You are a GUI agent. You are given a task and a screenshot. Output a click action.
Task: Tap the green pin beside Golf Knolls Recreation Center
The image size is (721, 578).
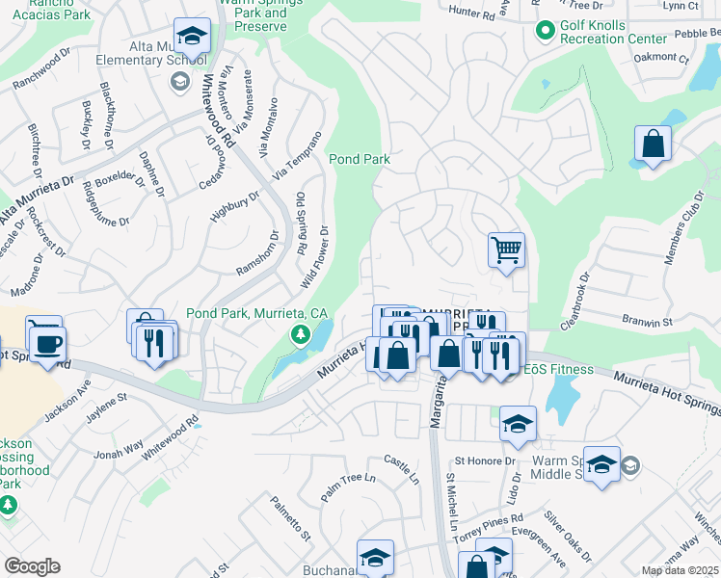click(546, 32)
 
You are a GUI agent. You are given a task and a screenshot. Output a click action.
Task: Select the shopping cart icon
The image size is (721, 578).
click(506, 250)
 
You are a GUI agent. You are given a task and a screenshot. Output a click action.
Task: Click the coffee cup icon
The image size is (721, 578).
click(47, 342)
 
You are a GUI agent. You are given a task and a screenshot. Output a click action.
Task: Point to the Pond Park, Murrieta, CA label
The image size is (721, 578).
click(256, 313)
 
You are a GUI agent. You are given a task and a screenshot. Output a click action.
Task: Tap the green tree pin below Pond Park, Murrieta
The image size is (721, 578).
click(301, 335)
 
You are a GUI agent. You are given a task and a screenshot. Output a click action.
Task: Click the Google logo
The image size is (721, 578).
click(32, 566)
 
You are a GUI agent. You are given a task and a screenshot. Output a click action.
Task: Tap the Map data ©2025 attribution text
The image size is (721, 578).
click(681, 570)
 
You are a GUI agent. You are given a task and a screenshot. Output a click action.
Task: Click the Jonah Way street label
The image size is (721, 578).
click(118, 448)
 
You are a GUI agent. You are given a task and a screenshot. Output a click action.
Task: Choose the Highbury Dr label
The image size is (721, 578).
click(235, 207)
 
